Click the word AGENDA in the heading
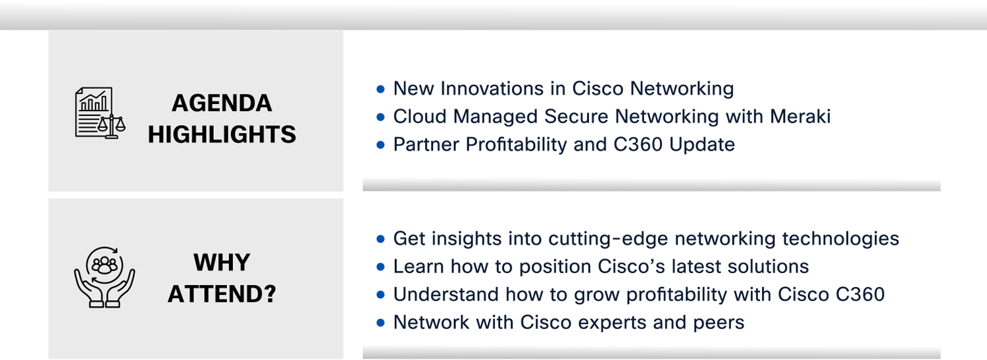pyautogui.click(x=222, y=103)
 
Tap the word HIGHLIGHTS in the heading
pyautogui.click(x=222, y=134)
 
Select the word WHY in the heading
pyautogui.click(x=222, y=263)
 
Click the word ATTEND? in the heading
pyautogui.click(x=222, y=294)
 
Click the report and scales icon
pyautogui.click(x=100, y=113)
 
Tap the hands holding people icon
pyautogui.click(x=105, y=276)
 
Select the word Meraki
pyautogui.click(x=800, y=116)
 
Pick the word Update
pyautogui.click(x=702, y=145)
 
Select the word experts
pyautogui.click(x=612, y=323)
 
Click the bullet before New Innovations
pyautogui.click(x=381, y=90)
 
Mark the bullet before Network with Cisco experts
pyautogui.click(x=381, y=323)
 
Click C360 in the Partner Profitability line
pyautogui.click(x=638, y=145)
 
